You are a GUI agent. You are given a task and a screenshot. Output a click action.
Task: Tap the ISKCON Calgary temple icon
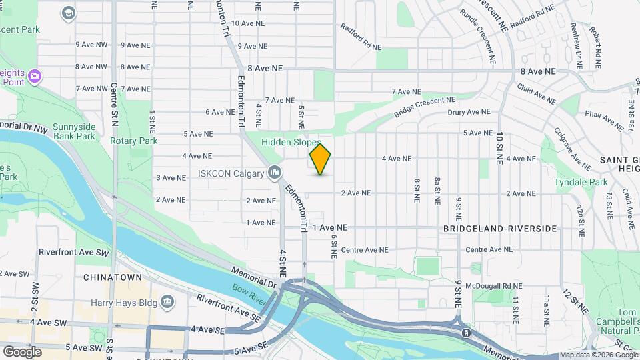(274, 174)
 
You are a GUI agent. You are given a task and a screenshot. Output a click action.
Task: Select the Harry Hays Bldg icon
(167, 301)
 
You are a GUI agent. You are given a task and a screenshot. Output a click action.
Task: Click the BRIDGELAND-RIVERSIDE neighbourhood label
(500, 229)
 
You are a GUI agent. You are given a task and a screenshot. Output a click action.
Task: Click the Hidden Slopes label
(291, 143)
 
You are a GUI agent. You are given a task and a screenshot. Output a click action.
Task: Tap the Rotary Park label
(134, 141)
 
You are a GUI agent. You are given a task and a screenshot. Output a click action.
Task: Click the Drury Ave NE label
(469, 112)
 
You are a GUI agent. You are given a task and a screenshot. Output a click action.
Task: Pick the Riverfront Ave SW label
(73, 253)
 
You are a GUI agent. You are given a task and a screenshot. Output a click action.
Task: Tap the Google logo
(22, 351)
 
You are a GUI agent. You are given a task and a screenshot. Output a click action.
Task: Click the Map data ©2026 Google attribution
(599, 355)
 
